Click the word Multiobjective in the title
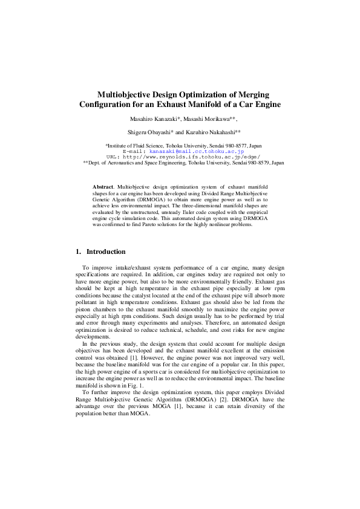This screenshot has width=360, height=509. coord(128,95)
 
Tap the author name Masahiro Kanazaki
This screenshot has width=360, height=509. coord(150,118)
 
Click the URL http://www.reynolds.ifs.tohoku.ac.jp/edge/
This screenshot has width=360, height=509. coord(189,157)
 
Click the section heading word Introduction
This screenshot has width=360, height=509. coord(106,251)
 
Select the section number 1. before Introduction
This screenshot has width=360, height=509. coord(78,251)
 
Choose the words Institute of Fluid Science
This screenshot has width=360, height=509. coord(137,146)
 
